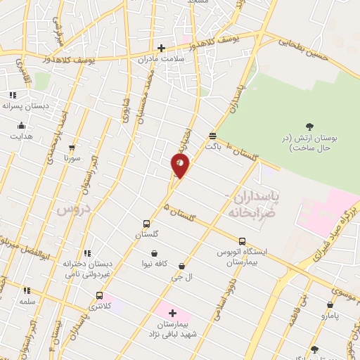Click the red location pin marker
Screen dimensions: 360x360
point(180,166)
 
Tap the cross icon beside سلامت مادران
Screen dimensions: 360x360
point(161,49)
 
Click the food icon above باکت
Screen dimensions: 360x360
point(212,136)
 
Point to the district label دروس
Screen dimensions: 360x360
point(70,210)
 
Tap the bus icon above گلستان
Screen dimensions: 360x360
point(147,222)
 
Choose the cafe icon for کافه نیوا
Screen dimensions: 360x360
point(154,254)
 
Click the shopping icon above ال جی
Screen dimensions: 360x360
point(182,266)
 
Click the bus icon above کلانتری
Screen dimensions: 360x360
point(99,296)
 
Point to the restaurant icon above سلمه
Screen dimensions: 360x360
point(27,290)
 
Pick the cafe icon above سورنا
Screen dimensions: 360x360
point(72,148)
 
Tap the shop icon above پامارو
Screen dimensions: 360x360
point(330,305)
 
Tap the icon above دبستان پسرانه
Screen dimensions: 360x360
point(12,95)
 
